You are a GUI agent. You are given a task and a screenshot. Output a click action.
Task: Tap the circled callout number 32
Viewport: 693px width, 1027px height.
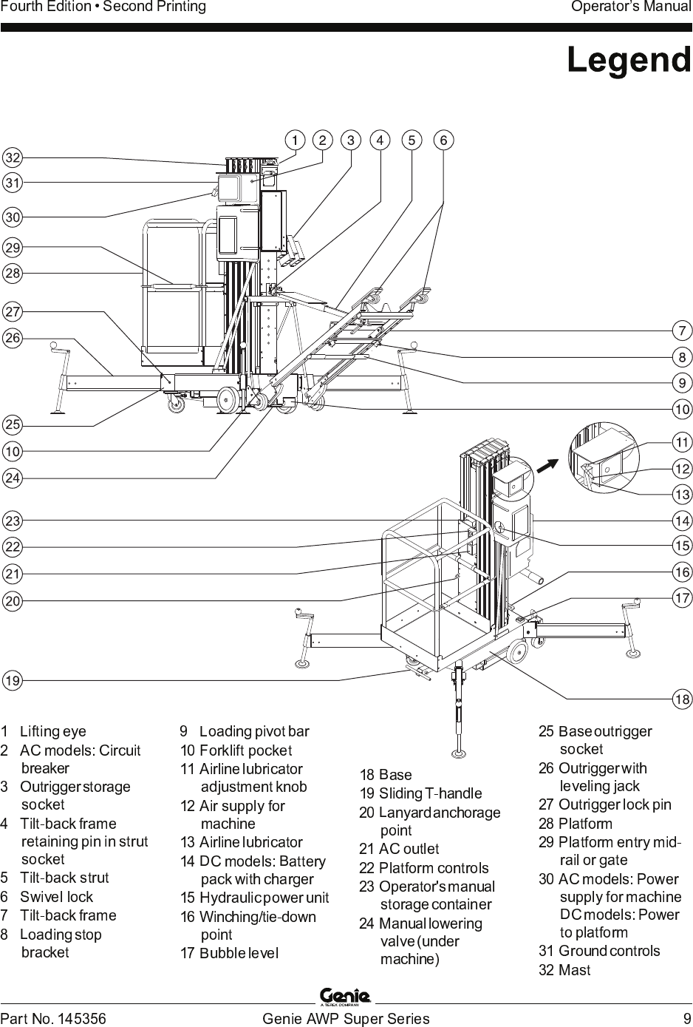point(13,158)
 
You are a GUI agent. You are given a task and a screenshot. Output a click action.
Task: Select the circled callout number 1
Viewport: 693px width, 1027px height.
point(295,140)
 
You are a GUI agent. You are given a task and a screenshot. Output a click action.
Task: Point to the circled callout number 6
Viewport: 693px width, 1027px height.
point(443,140)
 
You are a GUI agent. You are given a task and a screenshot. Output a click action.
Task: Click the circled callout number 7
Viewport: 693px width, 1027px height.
point(682,331)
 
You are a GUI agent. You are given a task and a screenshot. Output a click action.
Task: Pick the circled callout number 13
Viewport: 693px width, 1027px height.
point(682,495)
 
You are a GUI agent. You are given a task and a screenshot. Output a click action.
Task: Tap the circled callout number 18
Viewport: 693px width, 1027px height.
point(682,699)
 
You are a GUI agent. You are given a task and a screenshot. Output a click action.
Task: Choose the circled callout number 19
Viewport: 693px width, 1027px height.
point(13,680)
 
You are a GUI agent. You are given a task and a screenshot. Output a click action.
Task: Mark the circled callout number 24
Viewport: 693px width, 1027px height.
point(13,478)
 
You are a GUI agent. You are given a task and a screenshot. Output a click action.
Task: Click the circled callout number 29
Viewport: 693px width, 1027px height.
point(13,248)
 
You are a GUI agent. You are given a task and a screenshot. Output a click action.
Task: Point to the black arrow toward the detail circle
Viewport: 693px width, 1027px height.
point(547,465)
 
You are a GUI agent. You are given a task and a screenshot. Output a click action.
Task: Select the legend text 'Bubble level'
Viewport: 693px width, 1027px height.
point(239,953)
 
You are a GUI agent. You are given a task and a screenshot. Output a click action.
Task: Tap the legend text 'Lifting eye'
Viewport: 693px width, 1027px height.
point(53,732)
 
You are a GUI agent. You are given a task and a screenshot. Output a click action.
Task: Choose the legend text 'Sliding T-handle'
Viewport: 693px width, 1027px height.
point(431,793)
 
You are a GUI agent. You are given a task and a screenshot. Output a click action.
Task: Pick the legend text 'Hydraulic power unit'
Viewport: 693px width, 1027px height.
point(264,898)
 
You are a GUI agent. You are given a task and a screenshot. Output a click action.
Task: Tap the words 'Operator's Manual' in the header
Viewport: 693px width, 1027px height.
point(631,7)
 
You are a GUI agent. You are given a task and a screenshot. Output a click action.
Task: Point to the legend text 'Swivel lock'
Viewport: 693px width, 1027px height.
point(56,897)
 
